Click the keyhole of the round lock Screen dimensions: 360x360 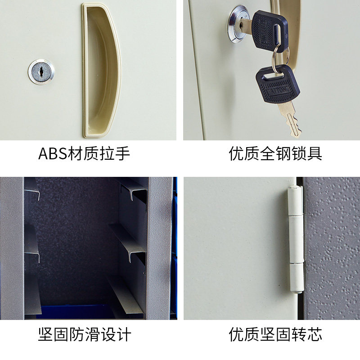[41, 72]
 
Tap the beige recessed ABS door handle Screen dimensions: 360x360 [102, 70]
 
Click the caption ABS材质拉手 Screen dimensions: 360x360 [84, 153]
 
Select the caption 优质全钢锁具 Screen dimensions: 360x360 [275, 153]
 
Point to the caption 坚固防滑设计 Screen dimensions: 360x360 [85, 334]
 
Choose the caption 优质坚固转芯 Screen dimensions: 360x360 [275, 334]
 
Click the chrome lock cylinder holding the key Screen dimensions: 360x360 [239, 24]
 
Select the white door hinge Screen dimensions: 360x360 [296, 240]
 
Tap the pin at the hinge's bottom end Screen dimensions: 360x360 [298, 292]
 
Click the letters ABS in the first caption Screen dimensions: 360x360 [52, 153]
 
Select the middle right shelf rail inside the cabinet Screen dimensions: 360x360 [128, 243]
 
